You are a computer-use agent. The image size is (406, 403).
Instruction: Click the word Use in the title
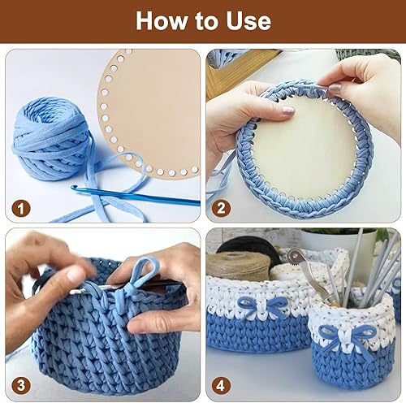point(248,21)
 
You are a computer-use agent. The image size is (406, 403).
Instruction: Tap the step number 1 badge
point(21,209)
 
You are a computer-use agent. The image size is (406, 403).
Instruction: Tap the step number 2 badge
point(221,209)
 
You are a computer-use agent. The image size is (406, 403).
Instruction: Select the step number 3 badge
point(21,386)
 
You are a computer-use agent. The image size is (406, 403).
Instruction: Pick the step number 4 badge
point(221,386)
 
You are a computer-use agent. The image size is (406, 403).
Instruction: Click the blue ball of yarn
point(51,139)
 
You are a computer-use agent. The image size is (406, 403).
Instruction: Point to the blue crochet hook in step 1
point(136,195)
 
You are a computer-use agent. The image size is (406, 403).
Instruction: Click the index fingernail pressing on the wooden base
point(288,110)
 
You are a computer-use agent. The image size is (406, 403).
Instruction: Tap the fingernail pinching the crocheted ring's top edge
point(335,87)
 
